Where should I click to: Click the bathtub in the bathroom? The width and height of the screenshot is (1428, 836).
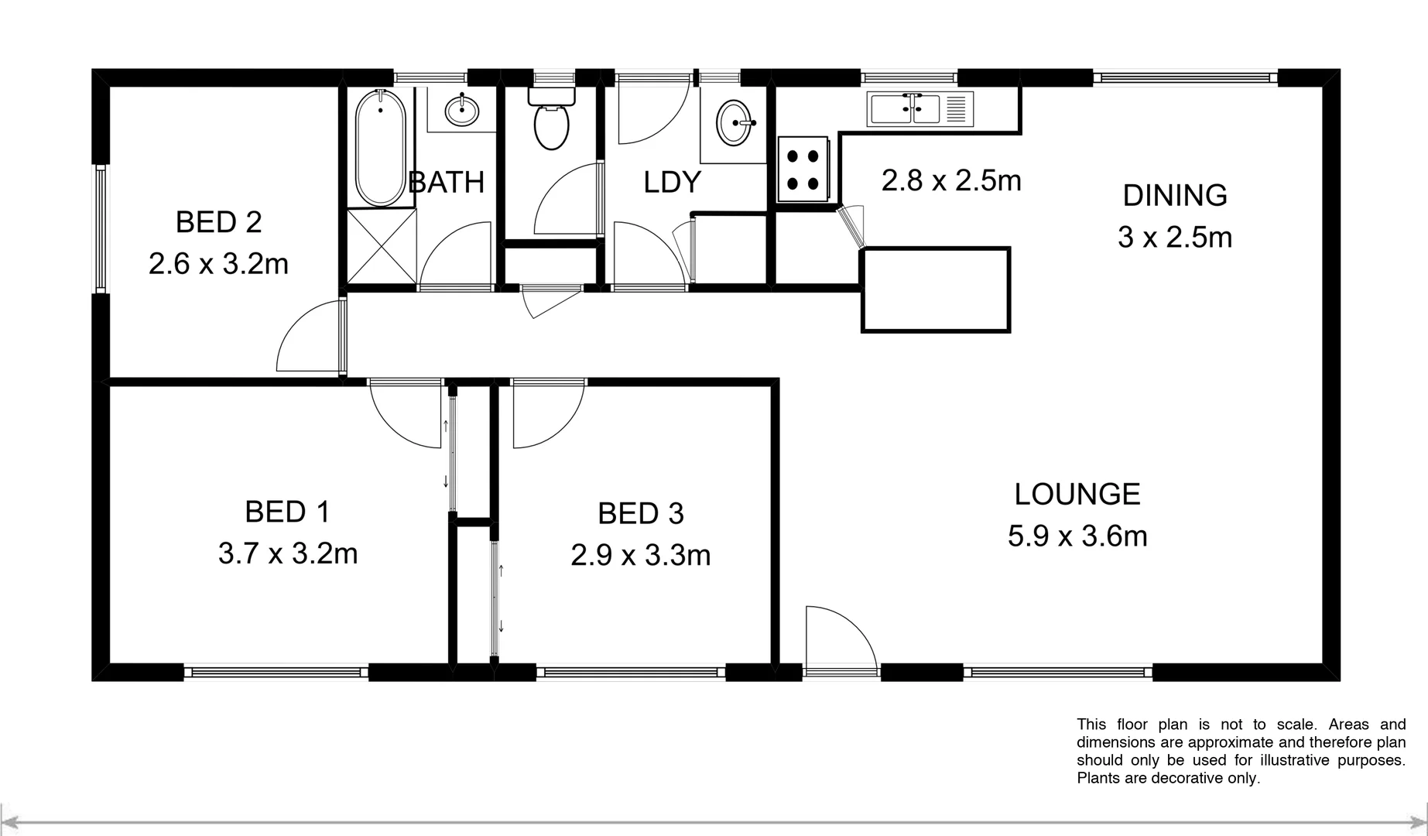click(x=381, y=147)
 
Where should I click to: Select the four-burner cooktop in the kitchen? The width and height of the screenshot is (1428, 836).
click(x=803, y=170)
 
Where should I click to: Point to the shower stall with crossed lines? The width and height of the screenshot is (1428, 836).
click(x=382, y=245)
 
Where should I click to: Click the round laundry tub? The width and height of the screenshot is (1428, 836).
click(x=734, y=122)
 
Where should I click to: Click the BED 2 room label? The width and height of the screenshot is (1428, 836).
click(x=218, y=222)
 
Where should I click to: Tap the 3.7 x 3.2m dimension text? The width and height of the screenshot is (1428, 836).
click(x=288, y=553)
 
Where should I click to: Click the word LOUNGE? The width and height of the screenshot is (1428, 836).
click(x=1077, y=494)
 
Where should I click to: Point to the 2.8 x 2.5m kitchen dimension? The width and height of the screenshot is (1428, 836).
click(x=951, y=180)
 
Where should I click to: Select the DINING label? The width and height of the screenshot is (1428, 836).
click(x=1174, y=195)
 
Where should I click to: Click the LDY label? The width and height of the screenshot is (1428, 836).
click(x=672, y=182)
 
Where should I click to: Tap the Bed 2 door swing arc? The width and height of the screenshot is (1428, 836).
click(x=308, y=341)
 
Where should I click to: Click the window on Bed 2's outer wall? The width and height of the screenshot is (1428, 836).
click(x=101, y=228)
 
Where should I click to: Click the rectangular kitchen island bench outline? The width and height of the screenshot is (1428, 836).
click(x=935, y=290)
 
